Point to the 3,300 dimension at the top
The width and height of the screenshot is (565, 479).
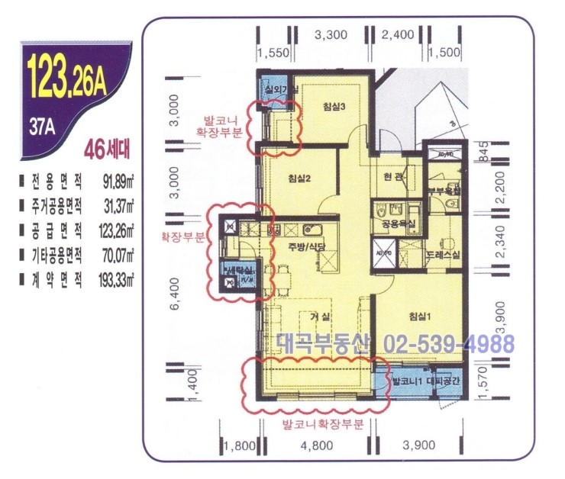click(x=331, y=34)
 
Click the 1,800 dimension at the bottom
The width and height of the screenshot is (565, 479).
click(x=238, y=446)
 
